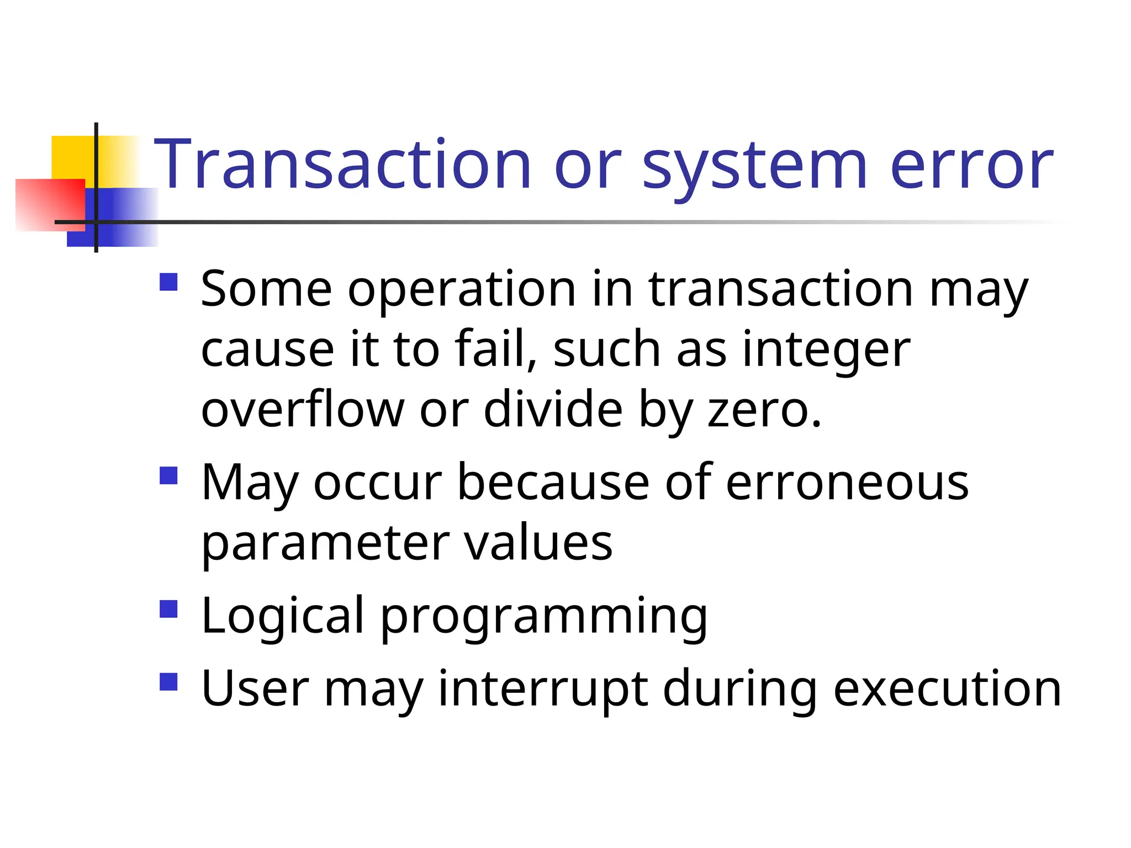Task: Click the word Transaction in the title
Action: (342, 165)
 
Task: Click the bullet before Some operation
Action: (168, 282)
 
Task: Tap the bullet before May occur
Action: (168, 475)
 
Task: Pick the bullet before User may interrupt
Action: (168, 682)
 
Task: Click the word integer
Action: (826, 351)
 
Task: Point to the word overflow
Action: (303, 410)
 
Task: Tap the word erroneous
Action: (847, 483)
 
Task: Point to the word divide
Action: (553, 409)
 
